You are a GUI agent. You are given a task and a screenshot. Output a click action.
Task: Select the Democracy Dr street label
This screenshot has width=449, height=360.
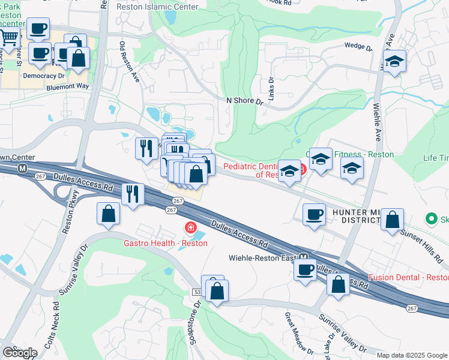coord(43,77)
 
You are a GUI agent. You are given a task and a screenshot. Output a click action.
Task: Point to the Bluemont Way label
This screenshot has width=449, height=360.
coord(67,86)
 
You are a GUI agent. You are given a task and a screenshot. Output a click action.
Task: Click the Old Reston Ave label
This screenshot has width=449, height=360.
coord(129,61)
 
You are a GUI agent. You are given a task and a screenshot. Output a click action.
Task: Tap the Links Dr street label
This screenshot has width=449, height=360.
coord(272,88)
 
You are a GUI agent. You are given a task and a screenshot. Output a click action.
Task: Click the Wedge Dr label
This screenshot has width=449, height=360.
coord(358,45)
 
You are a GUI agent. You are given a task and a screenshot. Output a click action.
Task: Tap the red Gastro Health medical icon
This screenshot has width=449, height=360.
coord(190,229)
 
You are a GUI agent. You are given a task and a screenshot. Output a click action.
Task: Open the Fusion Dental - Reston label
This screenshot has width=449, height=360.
coord(408,277)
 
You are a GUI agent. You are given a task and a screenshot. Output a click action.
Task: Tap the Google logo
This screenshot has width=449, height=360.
coord(20,353)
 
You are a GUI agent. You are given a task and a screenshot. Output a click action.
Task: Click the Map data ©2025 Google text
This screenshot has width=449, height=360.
coord(412,355)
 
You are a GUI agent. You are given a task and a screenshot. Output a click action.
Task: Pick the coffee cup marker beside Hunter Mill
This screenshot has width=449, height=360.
coord(313,215)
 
